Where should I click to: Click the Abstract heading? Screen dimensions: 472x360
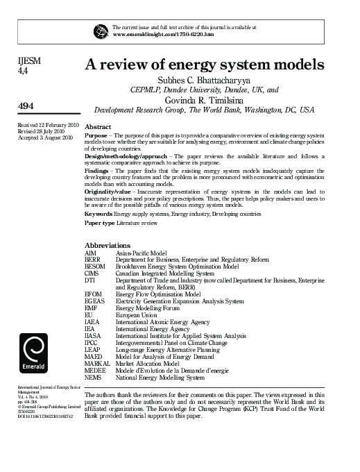(98, 128)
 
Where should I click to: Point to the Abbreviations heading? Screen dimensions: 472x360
(107, 246)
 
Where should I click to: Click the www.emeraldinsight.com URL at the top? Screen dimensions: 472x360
(162, 34)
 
